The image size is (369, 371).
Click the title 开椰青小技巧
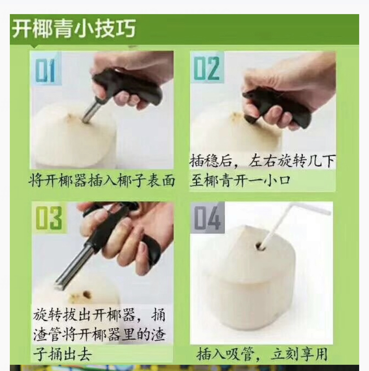pyautogui.click(x=74, y=29)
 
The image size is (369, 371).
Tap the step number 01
pyautogui.click(x=45, y=70)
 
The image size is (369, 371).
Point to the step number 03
pyautogui.click(x=49, y=218)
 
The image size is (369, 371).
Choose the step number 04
pyautogui.click(x=207, y=218)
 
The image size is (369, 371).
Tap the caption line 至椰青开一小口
pyautogui.click(x=240, y=181)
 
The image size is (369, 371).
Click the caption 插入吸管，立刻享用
pyautogui.click(x=262, y=354)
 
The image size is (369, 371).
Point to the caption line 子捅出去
pyautogui.click(x=62, y=354)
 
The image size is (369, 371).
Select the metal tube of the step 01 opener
pyautogui.click(x=91, y=110)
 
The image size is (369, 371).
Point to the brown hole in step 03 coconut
pyautogui.click(x=87, y=295)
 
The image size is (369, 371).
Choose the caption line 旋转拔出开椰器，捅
pyautogui.click(x=99, y=315)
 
